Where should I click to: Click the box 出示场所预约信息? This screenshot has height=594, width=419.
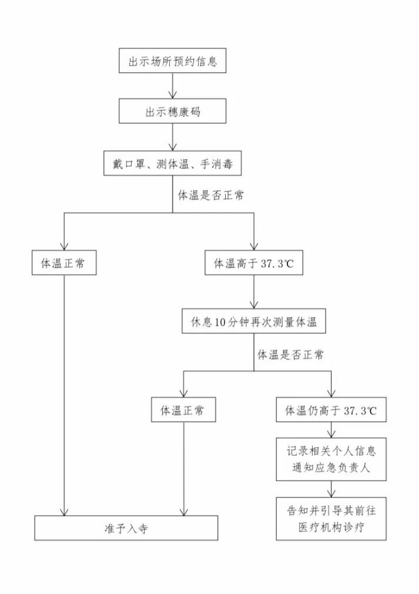click(x=172, y=61)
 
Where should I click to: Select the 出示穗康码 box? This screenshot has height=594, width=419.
click(x=172, y=111)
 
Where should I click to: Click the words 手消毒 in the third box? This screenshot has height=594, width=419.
click(x=216, y=164)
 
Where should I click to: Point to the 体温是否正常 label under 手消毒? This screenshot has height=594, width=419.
click(x=211, y=196)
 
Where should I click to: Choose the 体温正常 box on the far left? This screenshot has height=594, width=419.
click(x=64, y=263)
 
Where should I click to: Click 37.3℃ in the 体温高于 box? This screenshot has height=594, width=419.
click(x=278, y=263)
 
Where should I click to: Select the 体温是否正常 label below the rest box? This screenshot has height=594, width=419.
click(x=290, y=355)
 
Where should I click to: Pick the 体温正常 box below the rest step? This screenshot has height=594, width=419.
click(x=183, y=410)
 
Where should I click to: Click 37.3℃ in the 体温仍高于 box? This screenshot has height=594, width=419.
click(x=360, y=411)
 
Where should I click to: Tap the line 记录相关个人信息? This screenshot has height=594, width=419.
click(x=331, y=451)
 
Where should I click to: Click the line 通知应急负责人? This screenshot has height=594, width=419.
click(x=331, y=468)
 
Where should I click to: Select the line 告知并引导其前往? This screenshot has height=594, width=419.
click(x=331, y=511)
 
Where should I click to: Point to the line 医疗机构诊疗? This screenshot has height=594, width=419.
click(x=331, y=527)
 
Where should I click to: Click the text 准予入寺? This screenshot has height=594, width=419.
click(x=126, y=528)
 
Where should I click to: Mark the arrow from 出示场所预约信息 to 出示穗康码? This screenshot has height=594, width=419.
click(x=172, y=86)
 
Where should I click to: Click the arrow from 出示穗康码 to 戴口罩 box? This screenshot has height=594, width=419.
click(x=172, y=137)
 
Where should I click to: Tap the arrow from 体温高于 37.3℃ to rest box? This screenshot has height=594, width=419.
click(x=254, y=292)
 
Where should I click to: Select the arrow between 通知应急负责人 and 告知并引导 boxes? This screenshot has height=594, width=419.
click(x=331, y=489)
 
